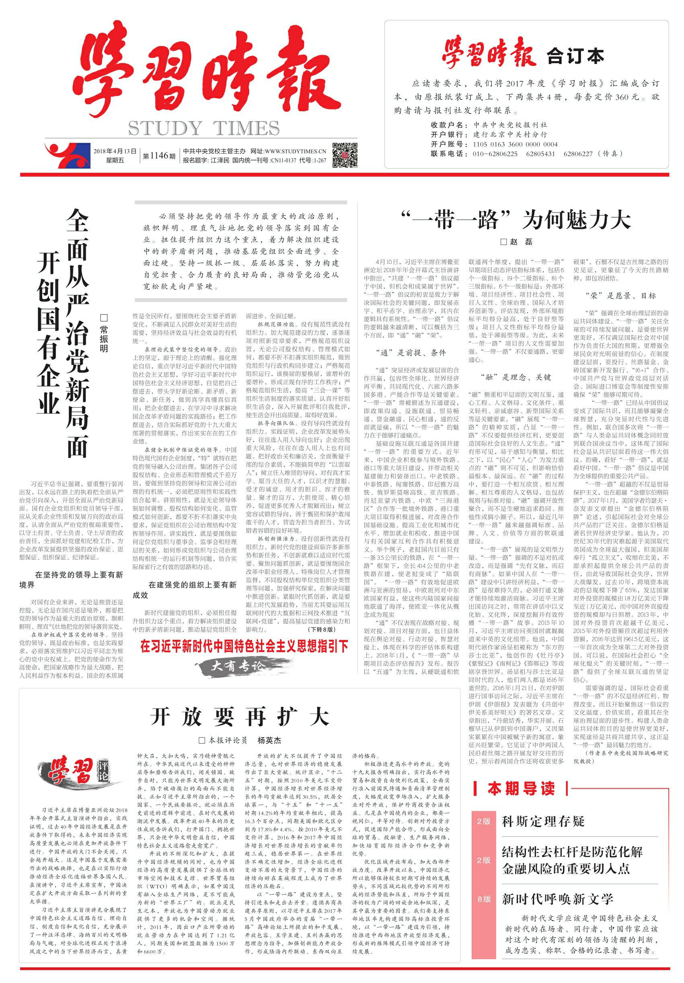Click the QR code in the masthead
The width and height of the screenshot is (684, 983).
click(344, 155)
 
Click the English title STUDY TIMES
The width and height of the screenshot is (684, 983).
click(203, 128)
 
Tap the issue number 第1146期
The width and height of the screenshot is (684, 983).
click(159, 156)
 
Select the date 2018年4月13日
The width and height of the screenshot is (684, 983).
click(115, 151)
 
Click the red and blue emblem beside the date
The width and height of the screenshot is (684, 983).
click(67, 155)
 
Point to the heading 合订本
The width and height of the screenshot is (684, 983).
click(575, 56)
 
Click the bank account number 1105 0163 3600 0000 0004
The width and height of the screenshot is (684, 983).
click(515, 144)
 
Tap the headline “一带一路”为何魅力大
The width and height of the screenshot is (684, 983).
click(516, 220)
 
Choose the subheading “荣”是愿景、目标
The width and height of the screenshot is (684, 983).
click(620, 295)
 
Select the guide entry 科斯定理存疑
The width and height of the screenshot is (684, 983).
click(543, 821)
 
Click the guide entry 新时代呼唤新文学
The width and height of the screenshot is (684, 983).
click(557, 899)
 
